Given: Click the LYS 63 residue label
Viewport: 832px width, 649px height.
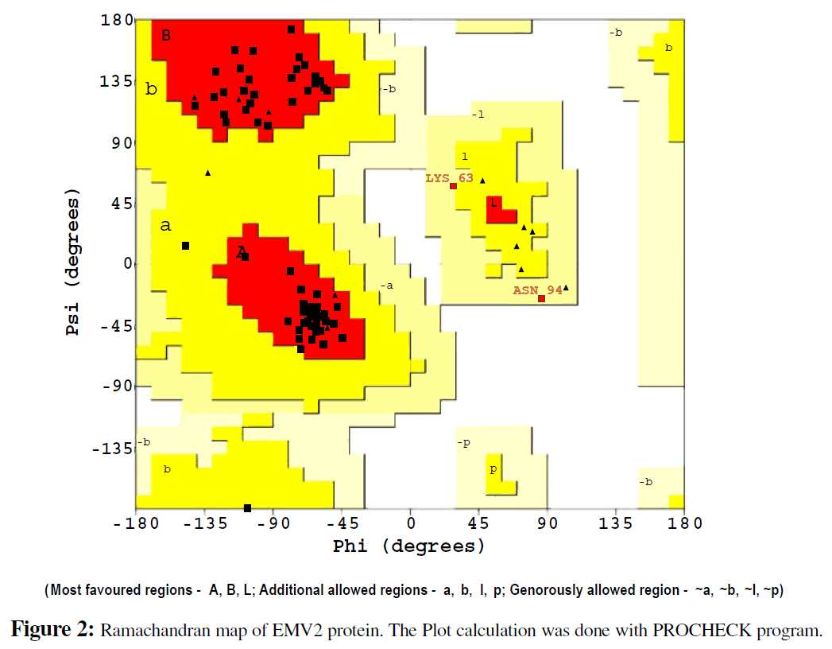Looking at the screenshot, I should click(x=449, y=178).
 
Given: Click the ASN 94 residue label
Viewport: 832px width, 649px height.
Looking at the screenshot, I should click(x=536, y=290).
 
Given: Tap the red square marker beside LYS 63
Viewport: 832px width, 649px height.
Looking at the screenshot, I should click(x=454, y=186).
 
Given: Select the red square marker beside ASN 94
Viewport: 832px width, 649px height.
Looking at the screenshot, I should click(x=542, y=299).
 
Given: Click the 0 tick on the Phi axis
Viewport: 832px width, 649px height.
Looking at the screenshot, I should click(x=410, y=523).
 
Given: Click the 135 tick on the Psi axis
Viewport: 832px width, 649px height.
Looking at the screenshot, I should click(x=116, y=81).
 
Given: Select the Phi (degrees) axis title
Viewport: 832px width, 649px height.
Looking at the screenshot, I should click(x=408, y=546).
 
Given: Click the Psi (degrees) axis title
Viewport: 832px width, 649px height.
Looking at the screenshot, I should click(x=74, y=262).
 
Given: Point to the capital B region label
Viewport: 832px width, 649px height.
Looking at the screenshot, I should click(x=166, y=35).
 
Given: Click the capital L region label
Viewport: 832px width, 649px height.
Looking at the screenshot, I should click(x=493, y=204).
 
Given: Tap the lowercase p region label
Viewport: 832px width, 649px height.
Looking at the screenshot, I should click(x=493, y=469).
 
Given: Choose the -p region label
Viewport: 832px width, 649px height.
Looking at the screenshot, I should click(x=463, y=442).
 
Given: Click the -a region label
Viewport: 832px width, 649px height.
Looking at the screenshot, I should click(x=386, y=285).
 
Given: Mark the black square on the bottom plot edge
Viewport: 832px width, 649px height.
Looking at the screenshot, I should click(x=247, y=508).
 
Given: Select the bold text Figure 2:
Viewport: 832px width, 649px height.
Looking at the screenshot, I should click(x=53, y=631).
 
